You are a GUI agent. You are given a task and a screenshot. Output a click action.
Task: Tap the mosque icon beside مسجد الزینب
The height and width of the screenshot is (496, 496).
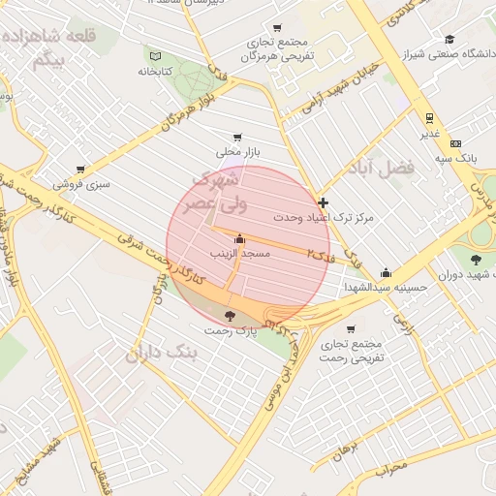coord(240,238)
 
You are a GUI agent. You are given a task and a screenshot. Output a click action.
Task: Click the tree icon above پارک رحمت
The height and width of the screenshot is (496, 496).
coord(230,316)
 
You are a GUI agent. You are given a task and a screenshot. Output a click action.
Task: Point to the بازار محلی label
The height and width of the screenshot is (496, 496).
coord(237,152)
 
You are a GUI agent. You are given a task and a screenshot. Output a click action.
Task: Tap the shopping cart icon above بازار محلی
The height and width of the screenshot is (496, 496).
coord(237,138)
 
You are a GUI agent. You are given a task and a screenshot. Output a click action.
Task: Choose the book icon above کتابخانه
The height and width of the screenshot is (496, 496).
coord(156,55)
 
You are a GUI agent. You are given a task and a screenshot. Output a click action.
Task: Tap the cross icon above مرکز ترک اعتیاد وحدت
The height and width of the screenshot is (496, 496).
coord(323,202)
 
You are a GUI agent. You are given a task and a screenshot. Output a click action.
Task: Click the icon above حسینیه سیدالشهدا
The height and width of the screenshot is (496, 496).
coord(387,273)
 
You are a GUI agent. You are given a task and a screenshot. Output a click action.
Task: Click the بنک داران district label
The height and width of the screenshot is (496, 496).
coord(160,354)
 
